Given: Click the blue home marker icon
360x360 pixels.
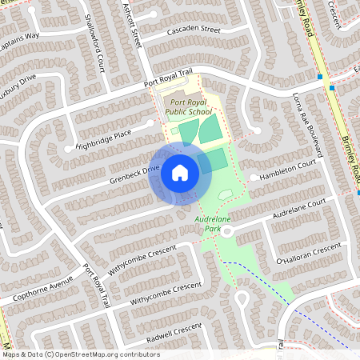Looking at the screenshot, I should click(180, 173).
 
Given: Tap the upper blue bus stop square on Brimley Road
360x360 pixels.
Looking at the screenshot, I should click(320, 78).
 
